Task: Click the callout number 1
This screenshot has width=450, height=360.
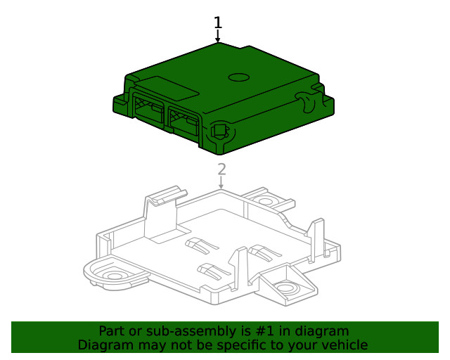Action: (x=218, y=22)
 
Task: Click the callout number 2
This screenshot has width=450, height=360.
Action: (x=221, y=169)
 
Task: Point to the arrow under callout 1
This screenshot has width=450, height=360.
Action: (x=218, y=37)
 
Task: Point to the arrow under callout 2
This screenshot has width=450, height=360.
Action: (x=221, y=183)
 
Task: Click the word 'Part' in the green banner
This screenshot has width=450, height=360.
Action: (x=112, y=331)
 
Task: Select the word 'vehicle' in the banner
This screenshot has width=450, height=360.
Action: (x=345, y=345)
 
